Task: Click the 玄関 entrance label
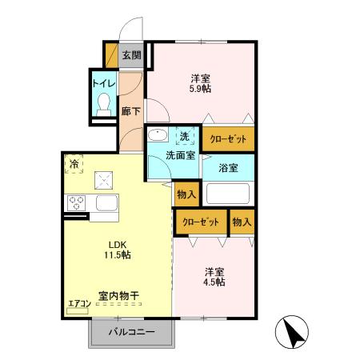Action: coord(131,55)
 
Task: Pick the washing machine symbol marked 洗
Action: coord(185,136)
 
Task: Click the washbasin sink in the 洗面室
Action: coord(157,136)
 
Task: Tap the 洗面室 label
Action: coord(181,155)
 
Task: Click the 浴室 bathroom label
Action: coord(228,168)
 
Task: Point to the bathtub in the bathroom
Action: coord(229,194)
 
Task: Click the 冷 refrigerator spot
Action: coord(74,166)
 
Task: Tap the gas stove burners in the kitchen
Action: coord(78,202)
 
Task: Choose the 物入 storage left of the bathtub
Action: coord(186,194)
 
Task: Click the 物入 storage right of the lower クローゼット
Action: coord(242,222)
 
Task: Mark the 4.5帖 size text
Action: coord(214,282)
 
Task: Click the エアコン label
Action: coord(78,302)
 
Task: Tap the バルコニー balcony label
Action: coord(130,332)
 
